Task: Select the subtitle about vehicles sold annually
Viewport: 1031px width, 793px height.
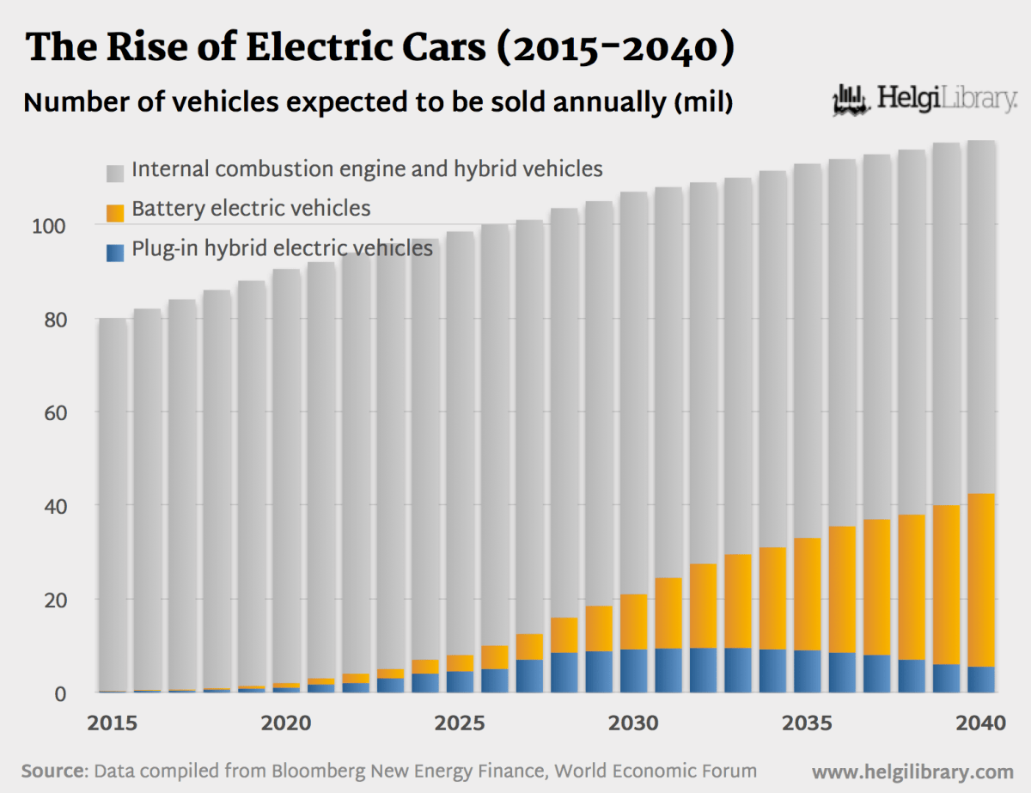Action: pos(378,102)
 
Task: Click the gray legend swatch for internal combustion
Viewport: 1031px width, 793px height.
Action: pos(116,171)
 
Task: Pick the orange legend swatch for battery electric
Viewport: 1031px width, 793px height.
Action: pos(116,210)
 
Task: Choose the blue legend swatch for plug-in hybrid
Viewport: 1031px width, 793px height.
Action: pos(116,251)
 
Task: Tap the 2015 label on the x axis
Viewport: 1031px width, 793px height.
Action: pos(113,723)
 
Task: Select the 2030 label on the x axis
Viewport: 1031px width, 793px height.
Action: pos(633,723)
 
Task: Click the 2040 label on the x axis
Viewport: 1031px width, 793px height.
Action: pos(980,723)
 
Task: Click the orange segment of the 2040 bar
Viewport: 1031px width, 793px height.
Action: pos(980,580)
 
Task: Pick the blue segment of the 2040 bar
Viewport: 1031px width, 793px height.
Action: pos(980,680)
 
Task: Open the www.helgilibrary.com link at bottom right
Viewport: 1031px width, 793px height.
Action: pos(912,771)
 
